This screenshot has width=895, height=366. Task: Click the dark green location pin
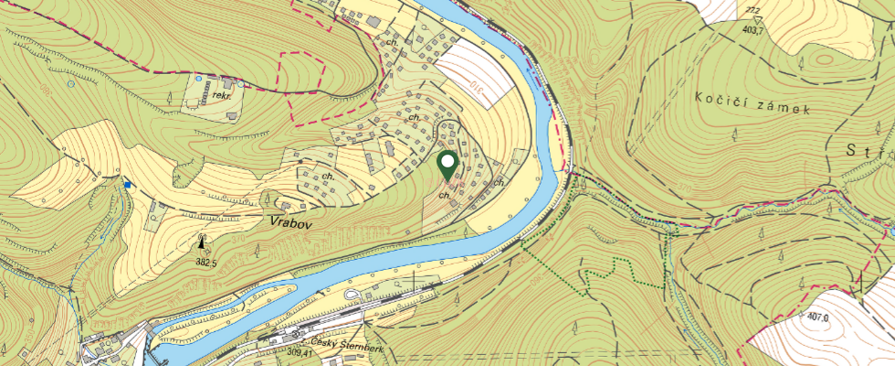(x=447, y=166)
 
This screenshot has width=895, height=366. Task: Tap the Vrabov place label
(x=290, y=221)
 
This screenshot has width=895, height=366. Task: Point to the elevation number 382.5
(x=205, y=263)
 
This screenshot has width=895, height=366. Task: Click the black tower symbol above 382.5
(x=202, y=243)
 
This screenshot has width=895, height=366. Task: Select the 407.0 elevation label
(x=817, y=318)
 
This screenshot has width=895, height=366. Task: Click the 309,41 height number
(x=300, y=352)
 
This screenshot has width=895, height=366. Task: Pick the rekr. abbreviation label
(x=220, y=94)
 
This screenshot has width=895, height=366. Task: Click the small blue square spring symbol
(x=129, y=185)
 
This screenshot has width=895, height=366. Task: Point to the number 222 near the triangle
(x=753, y=10)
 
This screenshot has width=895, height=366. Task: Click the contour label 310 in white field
(x=476, y=88)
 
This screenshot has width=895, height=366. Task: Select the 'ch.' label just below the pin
(x=444, y=195)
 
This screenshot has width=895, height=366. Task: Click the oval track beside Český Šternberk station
(x=352, y=294)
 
